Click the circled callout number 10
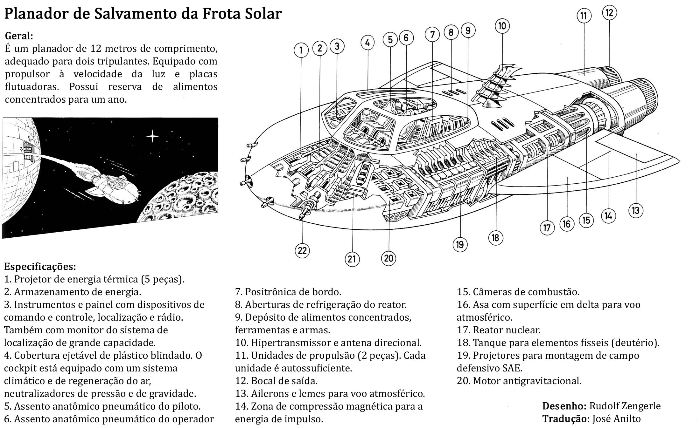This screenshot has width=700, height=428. pos(502,26)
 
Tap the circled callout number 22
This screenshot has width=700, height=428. pos(302,251)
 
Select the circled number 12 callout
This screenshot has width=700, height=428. pos(609,13)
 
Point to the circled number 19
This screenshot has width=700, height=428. pos(460,245)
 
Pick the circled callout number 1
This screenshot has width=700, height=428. pos(301,51)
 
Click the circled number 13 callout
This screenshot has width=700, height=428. pos(636,211)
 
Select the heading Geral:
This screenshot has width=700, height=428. pos(19,36)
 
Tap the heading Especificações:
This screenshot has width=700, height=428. pos(40,267)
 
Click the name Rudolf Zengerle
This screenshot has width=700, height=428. pos(625,406)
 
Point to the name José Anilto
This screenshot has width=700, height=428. pos(617,419)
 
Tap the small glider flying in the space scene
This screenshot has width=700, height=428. pos(113,186)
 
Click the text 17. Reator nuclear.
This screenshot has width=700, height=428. pos(499,330)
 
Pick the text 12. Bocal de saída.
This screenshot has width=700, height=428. pos(276,381)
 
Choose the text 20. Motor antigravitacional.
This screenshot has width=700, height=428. pos(519,381)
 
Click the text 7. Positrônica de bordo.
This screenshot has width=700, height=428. pos(288,292)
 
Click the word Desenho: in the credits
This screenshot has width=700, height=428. pos(564,406)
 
